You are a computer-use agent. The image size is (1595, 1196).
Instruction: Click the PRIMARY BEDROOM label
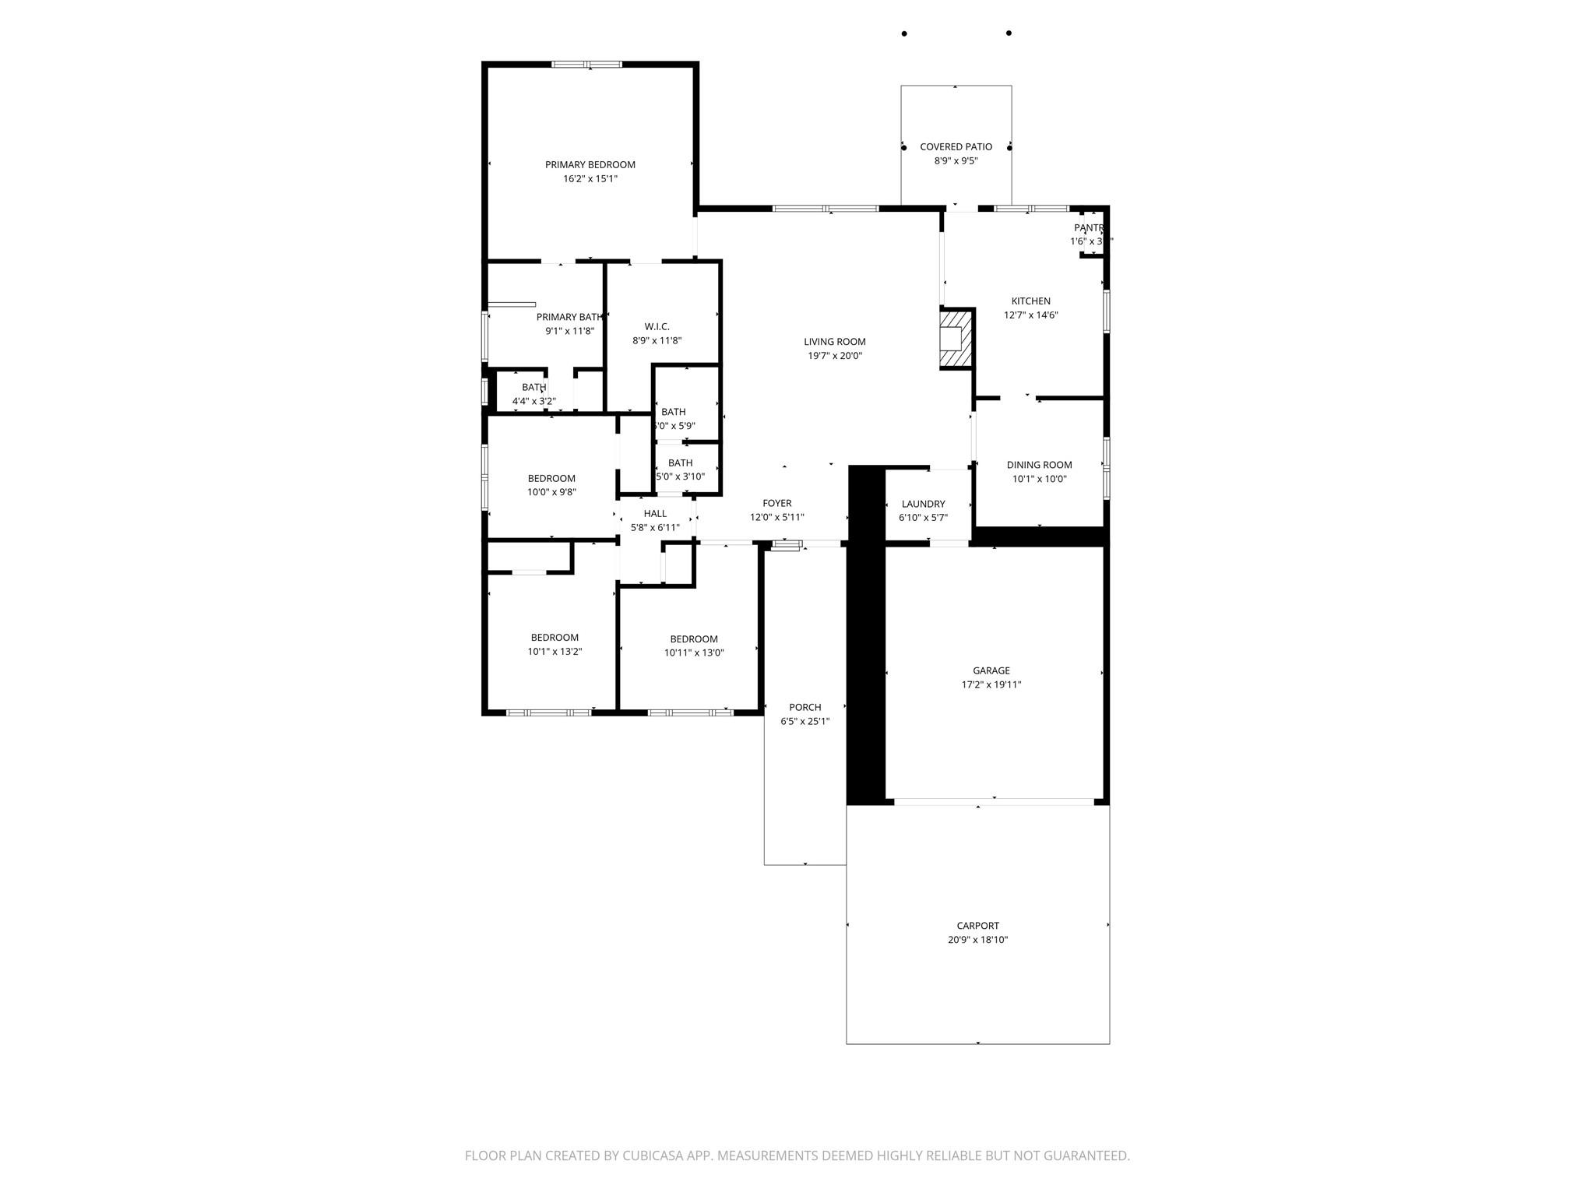[x=590, y=164]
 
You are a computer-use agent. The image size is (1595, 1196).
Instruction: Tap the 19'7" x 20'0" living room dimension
[x=834, y=356]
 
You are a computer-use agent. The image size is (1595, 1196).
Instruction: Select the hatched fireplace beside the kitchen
[x=956, y=339]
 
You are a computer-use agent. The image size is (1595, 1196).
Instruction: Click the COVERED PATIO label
[x=956, y=146]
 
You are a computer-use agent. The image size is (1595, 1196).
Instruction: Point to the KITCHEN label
[x=1030, y=301]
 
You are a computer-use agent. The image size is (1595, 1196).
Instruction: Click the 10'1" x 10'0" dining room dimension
[x=1039, y=479]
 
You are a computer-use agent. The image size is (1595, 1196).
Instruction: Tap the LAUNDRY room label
[x=923, y=504]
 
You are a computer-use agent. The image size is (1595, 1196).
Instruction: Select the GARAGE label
[x=991, y=670]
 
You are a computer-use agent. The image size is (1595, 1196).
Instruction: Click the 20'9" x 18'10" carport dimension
[x=977, y=940]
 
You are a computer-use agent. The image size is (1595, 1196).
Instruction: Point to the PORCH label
[x=805, y=707]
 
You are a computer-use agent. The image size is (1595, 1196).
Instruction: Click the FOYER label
[x=776, y=504]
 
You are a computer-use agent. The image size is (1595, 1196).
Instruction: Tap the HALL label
[x=655, y=513]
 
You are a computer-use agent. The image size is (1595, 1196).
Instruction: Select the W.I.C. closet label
[x=657, y=326]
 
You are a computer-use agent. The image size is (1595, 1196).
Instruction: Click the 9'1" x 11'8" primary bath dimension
[x=569, y=331]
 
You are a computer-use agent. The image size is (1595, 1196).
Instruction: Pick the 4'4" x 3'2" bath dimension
[x=533, y=402]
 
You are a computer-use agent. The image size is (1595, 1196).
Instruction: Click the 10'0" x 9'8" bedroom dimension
[x=551, y=492]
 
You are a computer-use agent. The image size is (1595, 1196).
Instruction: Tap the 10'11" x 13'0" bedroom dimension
[x=693, y=653]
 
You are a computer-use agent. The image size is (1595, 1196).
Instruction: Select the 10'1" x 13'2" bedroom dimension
[x=555, y=652]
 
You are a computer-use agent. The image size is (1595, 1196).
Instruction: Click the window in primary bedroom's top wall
[x=586, y=65]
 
